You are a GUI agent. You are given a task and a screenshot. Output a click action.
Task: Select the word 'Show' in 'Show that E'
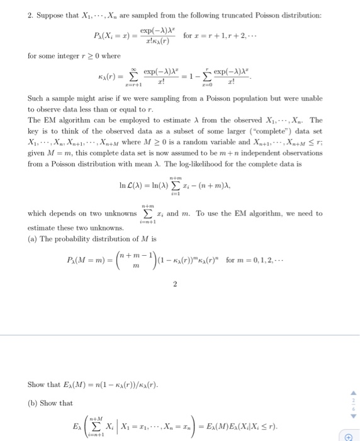click(36, 384)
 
